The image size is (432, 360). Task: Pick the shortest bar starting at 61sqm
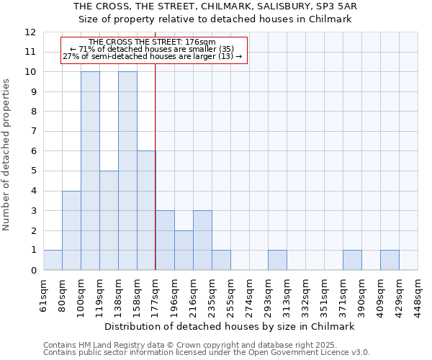pos(53,260)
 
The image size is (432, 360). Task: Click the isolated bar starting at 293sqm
pos(277,260)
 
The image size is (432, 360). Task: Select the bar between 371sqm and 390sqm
pos(352,260)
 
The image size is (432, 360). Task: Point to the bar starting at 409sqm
pos(390,260)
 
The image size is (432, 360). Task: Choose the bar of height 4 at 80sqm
pos(71,230)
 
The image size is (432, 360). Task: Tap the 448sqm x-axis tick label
pos(418,295)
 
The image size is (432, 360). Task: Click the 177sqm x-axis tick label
pos(156,295)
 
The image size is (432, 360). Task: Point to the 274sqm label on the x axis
pos(250,295)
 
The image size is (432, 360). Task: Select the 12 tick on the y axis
pos(30,32)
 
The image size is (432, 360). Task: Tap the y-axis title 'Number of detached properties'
pos(7,155)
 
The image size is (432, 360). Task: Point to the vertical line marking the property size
pos(156,180)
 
